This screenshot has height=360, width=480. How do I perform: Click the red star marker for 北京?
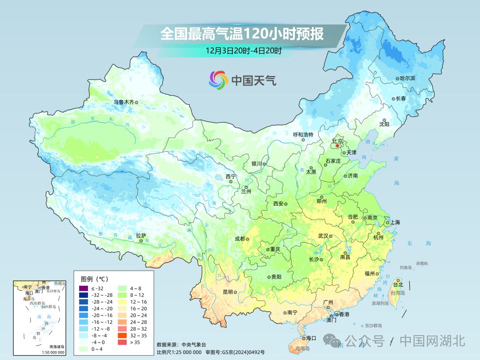337,145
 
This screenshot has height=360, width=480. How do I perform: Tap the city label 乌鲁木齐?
123,102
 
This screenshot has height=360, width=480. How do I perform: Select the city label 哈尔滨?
407,78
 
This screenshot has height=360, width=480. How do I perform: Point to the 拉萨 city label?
141,236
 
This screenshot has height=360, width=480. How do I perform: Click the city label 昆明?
228,292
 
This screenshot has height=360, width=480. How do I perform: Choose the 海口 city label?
311,338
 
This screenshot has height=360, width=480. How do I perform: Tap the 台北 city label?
398,284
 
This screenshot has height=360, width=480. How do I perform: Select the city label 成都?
240,239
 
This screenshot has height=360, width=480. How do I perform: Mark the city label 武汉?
323,236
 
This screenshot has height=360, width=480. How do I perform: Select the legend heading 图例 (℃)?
94,279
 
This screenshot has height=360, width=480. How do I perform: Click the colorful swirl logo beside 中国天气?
218,80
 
